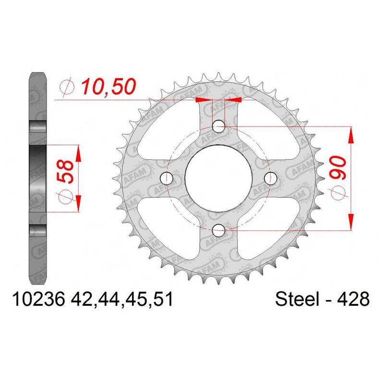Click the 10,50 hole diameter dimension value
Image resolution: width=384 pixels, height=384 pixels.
pyautogui.click(x=108, y=87)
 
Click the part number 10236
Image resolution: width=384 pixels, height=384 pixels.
pyautogui.click(x=39, y=299)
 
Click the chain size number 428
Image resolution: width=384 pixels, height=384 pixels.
pyautogui.click(x=354, y=299)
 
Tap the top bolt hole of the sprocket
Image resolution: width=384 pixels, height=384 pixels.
pyautogui.click(x=218, y=127)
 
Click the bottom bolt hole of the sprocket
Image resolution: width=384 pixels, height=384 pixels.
pyautogui.click(x=218, y=230)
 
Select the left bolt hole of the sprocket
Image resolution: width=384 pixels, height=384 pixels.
pyautogui.click(x=166, y=178)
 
